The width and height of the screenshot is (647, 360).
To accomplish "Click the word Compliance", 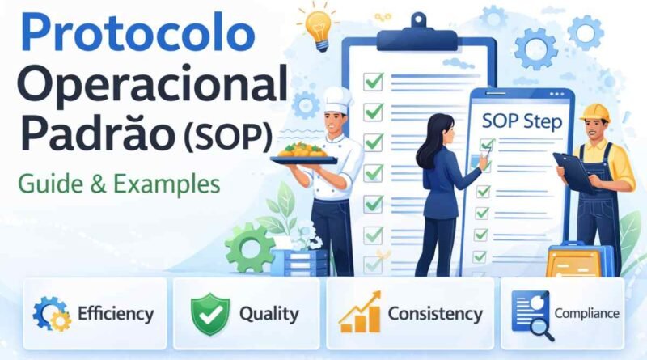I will (586, 312).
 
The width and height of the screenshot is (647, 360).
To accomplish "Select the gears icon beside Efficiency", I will (51, 313).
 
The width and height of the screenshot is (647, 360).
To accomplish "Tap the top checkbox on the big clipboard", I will (373, 81).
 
